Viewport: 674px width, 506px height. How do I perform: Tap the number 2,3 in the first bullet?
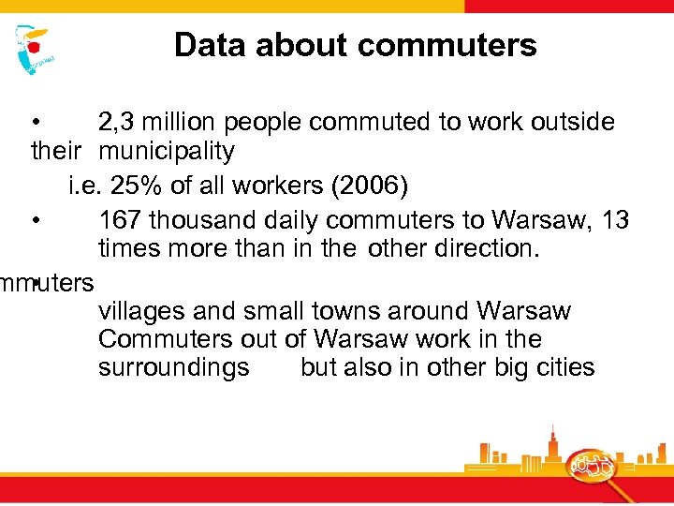pos(118,123)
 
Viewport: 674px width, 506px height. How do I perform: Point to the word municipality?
pos(167,151)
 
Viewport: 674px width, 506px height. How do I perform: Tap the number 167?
pos(120,220)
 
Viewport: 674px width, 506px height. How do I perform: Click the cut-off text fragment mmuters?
pos(47,282)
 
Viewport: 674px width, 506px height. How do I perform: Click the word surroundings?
pos(173,367)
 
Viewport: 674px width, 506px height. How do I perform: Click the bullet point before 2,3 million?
pos(35,123)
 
